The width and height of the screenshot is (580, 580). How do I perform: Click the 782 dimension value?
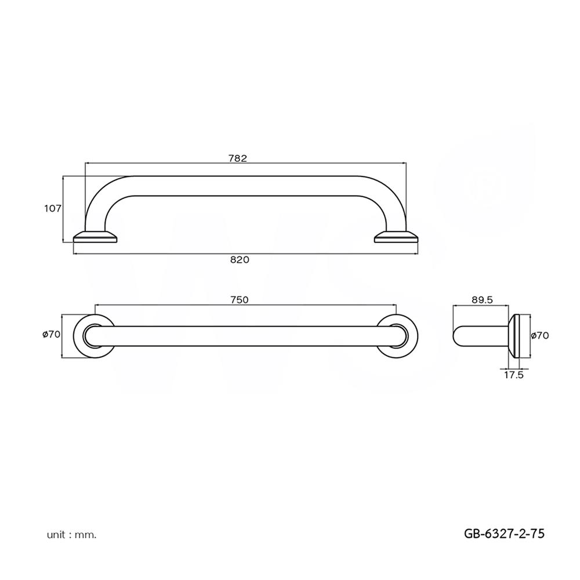(238, 158)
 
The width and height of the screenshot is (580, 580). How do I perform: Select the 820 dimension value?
(239, 260)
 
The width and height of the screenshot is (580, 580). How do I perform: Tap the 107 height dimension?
(53, 208)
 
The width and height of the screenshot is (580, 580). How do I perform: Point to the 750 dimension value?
(239, 299)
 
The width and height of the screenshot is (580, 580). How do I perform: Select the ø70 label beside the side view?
(540, 335)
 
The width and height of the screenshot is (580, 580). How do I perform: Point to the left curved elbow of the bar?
(107, 197)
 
